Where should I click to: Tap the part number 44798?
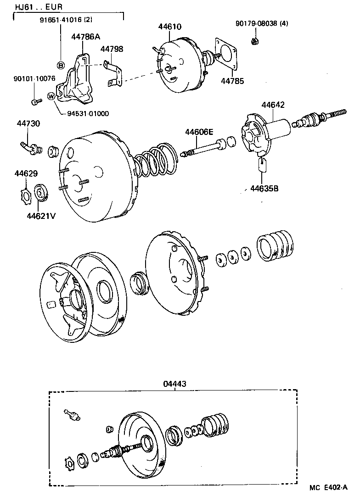click(112, 49)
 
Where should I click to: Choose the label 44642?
click(273, 105)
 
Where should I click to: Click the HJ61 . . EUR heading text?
click(32, 7)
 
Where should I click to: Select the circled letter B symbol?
click(60, 64)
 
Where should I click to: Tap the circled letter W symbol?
click(51, 96)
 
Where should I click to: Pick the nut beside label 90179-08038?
click(254, 42)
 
